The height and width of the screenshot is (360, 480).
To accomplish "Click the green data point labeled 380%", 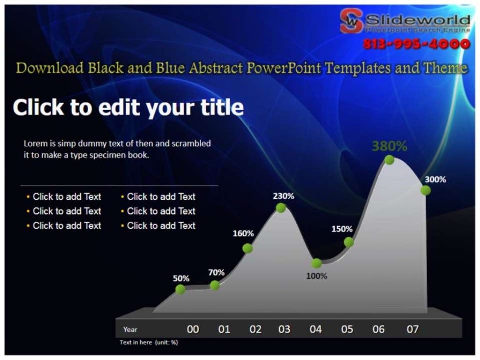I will coord(389,160).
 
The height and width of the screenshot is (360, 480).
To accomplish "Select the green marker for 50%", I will coord(180,289).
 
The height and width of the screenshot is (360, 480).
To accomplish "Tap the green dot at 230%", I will coord(281,208).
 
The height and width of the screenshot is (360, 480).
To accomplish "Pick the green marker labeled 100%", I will coord(317,263).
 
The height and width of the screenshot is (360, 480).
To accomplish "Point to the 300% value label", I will coord(435,180).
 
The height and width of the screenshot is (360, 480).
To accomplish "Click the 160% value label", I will coord(243,233).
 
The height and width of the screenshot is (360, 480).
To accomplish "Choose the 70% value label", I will coord(216,272).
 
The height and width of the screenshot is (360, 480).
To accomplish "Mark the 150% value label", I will coord(342,229).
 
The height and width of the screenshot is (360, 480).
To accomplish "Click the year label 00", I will coord(193,329).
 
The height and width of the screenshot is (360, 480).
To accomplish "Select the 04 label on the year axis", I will coord(316,329).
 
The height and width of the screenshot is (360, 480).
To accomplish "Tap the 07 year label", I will coord(412,329).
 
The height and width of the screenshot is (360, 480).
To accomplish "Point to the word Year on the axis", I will coord(130,330).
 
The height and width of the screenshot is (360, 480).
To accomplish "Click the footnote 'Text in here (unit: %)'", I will coord(149,342).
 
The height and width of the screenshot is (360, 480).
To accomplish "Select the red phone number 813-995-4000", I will coord(416,44).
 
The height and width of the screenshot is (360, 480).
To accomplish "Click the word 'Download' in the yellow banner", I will coord(50,68).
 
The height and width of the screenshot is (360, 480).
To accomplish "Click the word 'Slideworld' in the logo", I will coord(417,20).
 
